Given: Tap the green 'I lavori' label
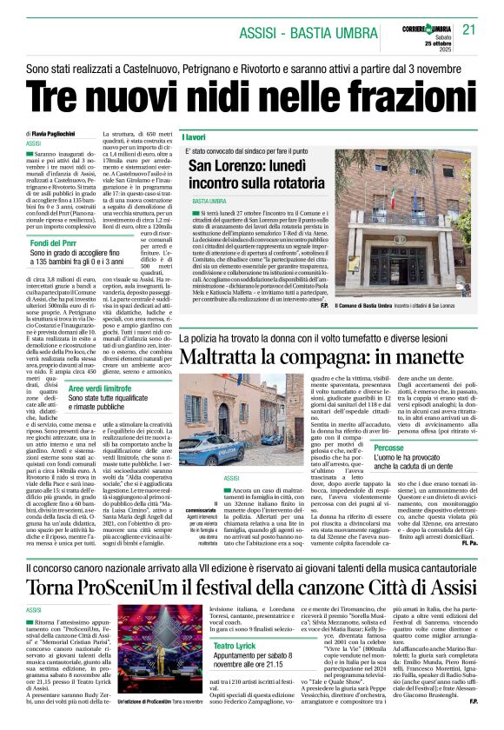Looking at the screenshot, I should tap(195, 137).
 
